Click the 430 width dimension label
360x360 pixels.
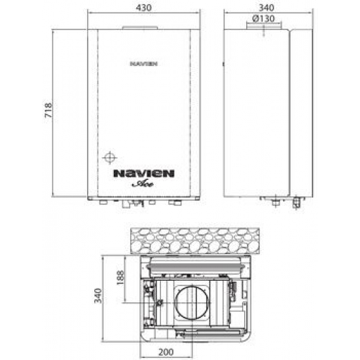coord(143,8)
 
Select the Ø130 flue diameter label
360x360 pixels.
coord(264,19)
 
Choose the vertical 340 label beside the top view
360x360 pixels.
coord(98,296)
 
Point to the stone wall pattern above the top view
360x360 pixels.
coord(196,240)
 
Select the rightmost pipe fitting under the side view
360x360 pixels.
coord(297,204)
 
